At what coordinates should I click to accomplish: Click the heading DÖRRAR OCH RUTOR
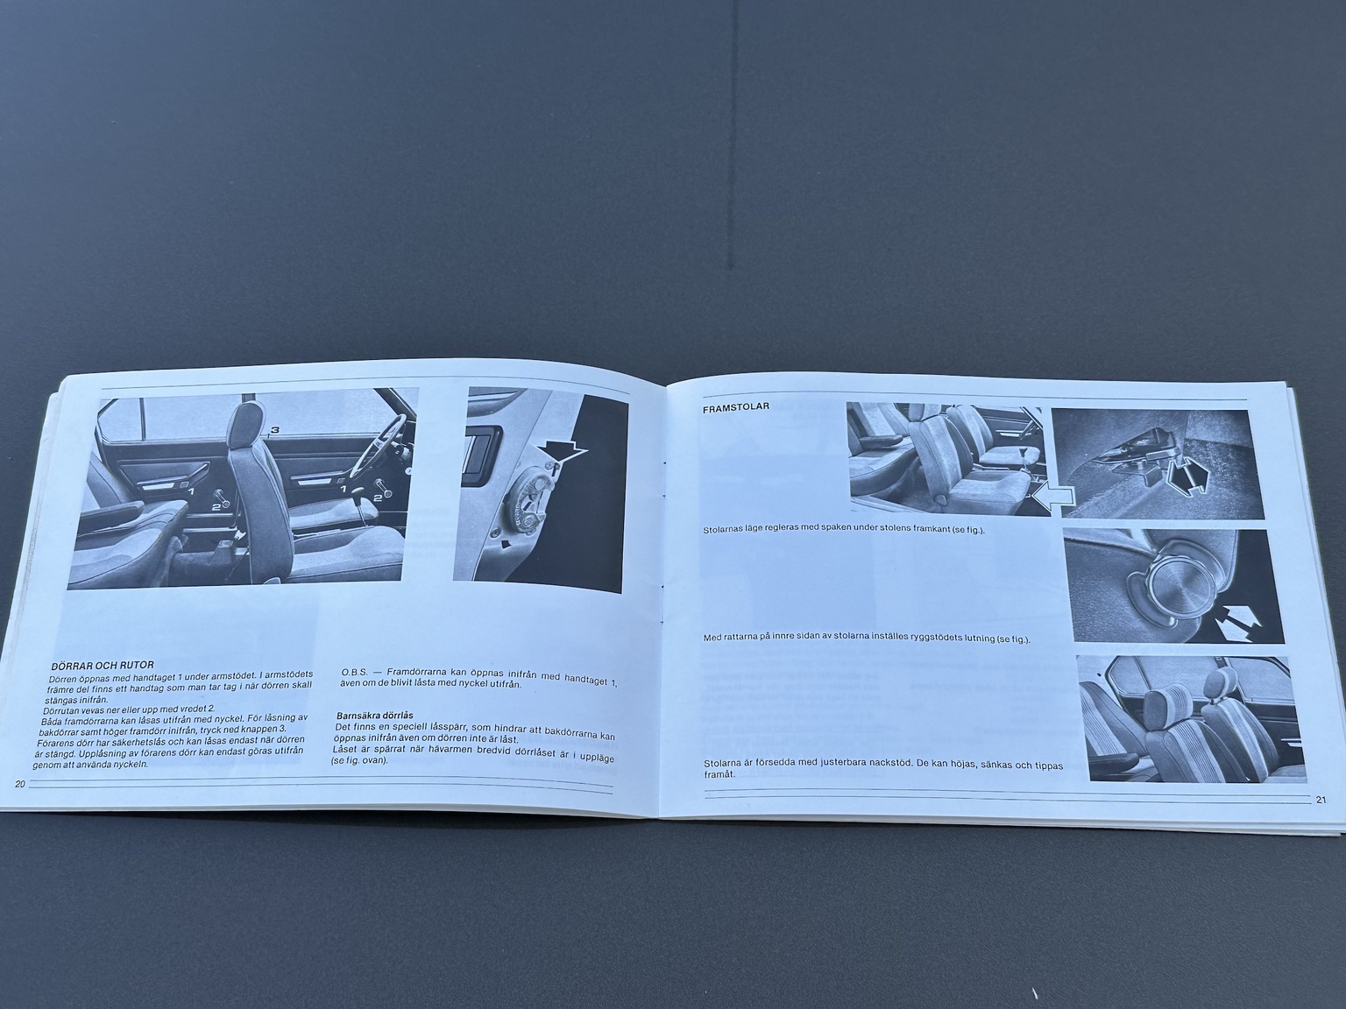[x=103, y=666]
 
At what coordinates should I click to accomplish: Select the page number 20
[x=20, y=783]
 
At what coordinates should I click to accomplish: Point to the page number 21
[x=1321, y=799]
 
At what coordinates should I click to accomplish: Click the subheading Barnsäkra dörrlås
[x=374, y=715]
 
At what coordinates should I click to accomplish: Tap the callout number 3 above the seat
[x=274, y=429]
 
